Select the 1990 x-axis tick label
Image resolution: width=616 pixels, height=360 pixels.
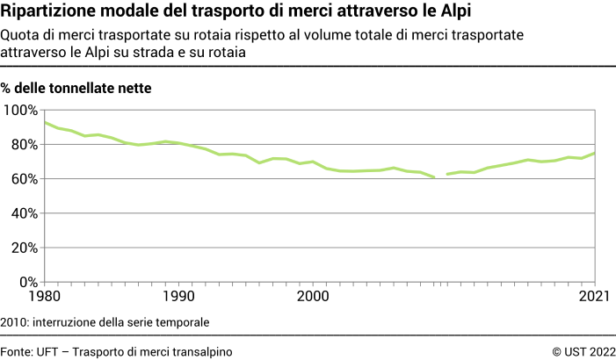178,297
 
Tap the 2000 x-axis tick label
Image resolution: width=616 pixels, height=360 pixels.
312,297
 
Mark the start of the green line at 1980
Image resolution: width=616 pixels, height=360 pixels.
45,123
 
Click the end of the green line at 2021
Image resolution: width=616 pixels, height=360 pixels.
595,154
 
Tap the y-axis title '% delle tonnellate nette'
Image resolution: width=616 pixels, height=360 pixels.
76,88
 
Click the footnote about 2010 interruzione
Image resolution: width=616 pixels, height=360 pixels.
105,322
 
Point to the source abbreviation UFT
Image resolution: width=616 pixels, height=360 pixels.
47,351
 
